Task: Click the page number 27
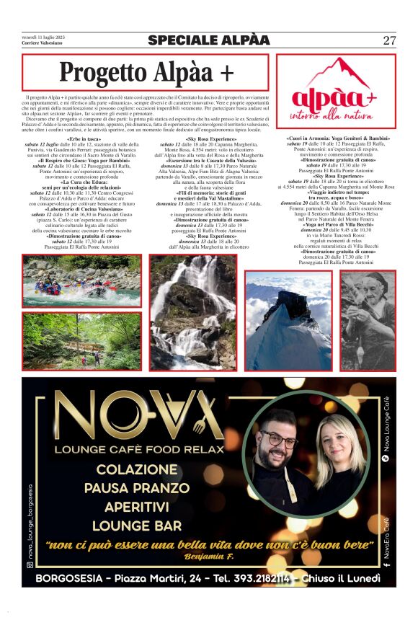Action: tap(389, 41)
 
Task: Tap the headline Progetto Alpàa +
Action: tap(146, 73)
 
